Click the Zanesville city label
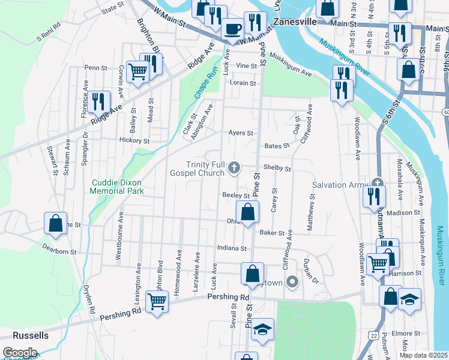[x=294, y=20]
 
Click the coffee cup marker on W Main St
[x=232, y=29]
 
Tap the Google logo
[x=19, y=353]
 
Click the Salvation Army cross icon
[x=376, y=183]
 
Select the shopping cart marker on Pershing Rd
[x=157, y=303]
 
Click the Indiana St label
[x=235, y=248]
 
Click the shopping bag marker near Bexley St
[x=247, y=212]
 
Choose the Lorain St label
[x=244, y=83]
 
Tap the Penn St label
[x=95, y=68]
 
